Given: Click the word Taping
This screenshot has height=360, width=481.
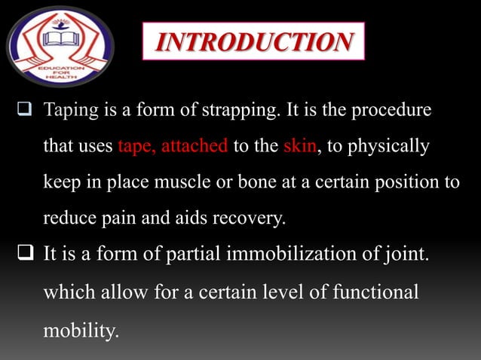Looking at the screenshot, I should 70,111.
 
